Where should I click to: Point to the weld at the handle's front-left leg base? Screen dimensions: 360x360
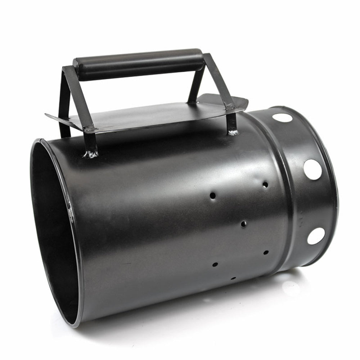91,154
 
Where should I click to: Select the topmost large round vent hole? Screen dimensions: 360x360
282,117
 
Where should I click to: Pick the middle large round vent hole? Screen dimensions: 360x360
312,169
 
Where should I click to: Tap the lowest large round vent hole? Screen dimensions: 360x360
316,236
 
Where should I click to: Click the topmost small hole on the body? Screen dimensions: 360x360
265,184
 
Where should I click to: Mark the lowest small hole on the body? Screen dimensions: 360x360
233,278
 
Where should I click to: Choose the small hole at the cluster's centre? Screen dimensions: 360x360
244,224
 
